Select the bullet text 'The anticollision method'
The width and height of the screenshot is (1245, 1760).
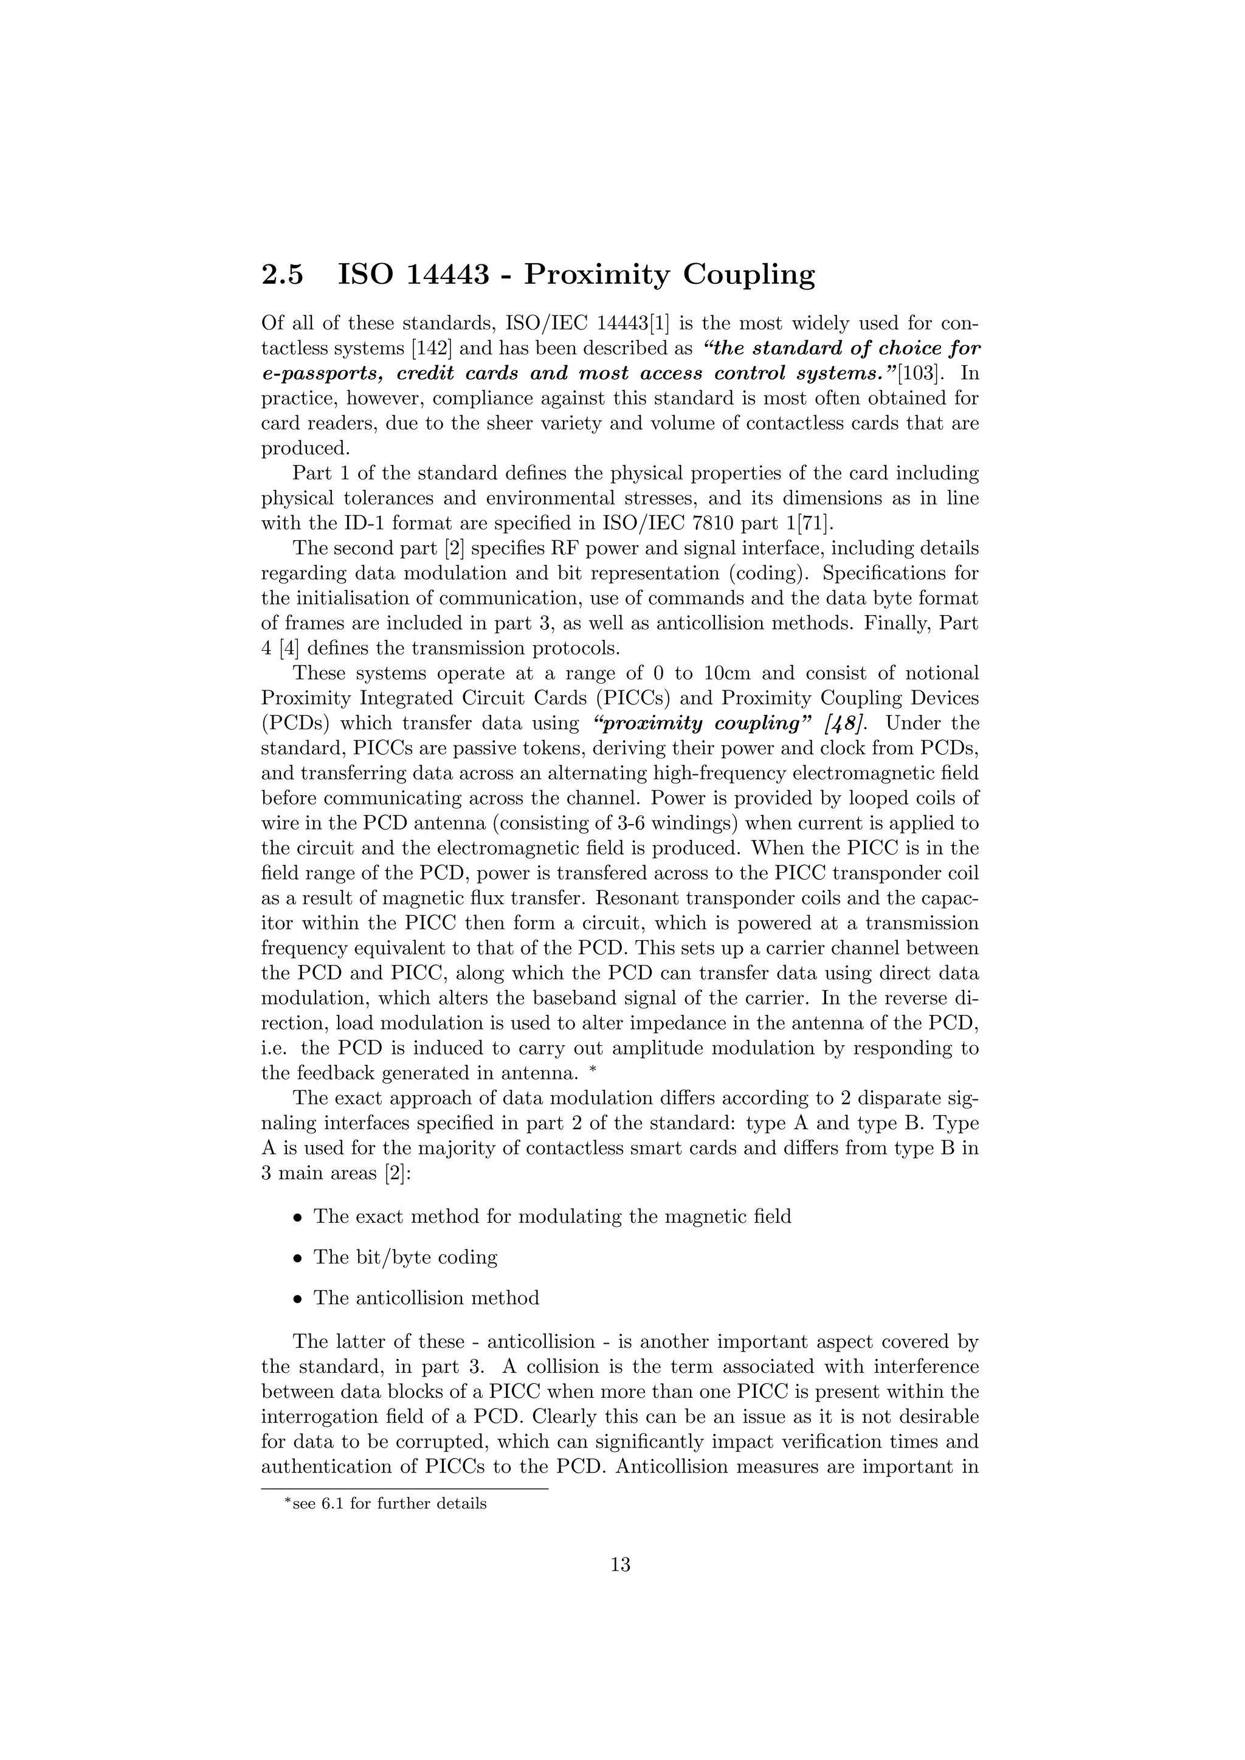(x=426, y=1298)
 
